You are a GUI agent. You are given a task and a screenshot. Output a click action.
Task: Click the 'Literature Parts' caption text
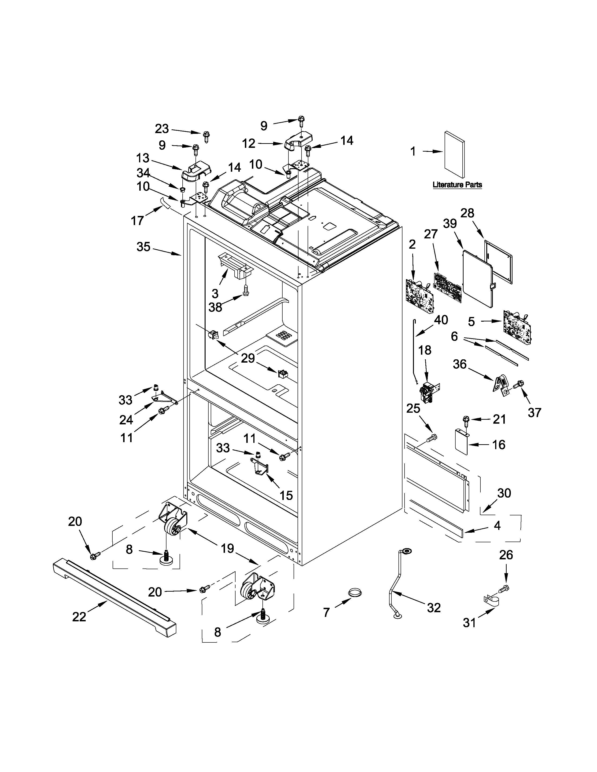point(457,185)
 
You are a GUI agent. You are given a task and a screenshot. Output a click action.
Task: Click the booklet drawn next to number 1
point(454,154)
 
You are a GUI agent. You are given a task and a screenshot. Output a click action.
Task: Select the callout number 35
point(143,246)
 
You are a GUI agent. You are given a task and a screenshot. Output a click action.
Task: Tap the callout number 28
point(467,213)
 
